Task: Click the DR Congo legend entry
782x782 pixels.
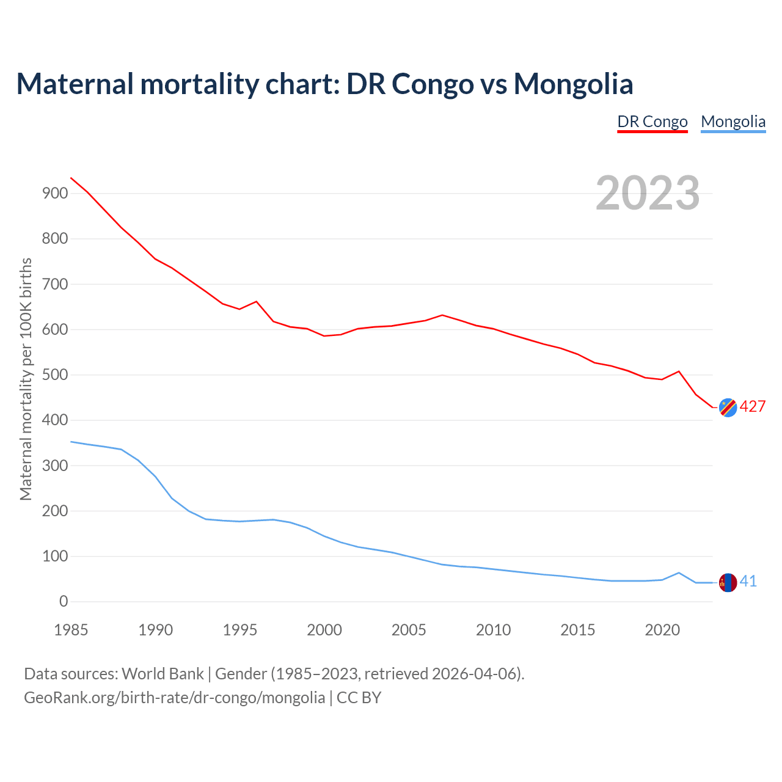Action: [x=652, y=122]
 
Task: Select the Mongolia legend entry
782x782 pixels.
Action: [x=733, y=122]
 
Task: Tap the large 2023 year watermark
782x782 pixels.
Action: [x=648, y=193]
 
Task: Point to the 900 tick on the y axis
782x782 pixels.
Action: [x=55, y=193]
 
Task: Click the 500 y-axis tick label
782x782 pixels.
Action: [x=55, y=375]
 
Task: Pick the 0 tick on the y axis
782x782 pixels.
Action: [x=64, y=602]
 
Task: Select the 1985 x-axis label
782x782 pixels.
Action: [x=71, y=630]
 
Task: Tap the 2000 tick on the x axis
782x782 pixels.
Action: [x=324, y=630]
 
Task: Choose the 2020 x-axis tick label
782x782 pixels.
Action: [x=662, y=630]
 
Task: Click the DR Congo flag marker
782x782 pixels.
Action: [x=728, y=407]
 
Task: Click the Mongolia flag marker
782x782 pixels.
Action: [x=728, y=583]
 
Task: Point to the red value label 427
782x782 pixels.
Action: [x=753, y=407]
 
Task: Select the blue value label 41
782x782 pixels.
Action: [x=748, y=582]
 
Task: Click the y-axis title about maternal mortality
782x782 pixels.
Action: [x=26, y=379]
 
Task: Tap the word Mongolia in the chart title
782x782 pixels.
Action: [x=573, y=84]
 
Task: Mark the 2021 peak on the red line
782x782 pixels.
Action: [x=679, y=371]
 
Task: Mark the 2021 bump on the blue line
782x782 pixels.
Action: [x=679, y=572]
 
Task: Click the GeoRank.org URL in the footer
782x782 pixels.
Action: [x=174, y=698]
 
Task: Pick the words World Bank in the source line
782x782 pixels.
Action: [x=163, y=674]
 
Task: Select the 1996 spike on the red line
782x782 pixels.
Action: [x=257, y=301]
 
